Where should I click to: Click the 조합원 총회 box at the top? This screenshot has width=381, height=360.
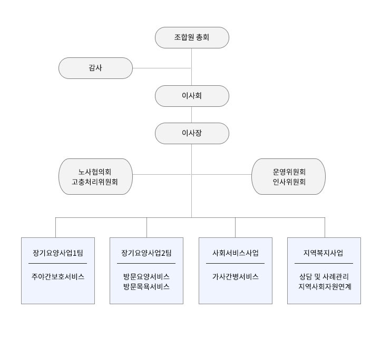coord(192,37)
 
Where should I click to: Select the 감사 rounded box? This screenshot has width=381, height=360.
coord(95,68)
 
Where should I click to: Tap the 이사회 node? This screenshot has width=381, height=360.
coord(192,96)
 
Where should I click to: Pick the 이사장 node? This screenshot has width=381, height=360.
coord(192,133)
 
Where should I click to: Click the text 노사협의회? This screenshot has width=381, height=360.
coord(95,172)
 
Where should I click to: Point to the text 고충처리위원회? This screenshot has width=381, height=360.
coord(95,182)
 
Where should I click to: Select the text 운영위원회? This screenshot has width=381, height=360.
coord(289,172)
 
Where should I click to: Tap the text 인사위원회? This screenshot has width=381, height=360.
coord(289,182)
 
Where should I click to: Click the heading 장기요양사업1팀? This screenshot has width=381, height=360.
coord(58,253)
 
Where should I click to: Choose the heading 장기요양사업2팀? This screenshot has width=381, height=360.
coord(146,253)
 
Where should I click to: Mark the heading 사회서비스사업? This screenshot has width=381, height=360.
coord(236,253)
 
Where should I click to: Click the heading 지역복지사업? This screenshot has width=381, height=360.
coord(323,253)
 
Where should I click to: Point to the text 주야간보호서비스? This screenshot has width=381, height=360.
coord(58,276)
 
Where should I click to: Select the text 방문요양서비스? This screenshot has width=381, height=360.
coord(146,276)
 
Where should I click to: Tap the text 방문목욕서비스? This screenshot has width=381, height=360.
coord(146,286)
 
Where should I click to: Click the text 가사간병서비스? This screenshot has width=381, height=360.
coord(236,276)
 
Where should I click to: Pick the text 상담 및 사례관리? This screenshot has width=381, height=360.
coord(324,276)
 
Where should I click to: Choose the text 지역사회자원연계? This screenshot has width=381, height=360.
coord(325,286)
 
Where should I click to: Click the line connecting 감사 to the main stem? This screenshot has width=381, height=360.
coord(162,68)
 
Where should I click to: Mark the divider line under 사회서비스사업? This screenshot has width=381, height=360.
coord(235,263)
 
